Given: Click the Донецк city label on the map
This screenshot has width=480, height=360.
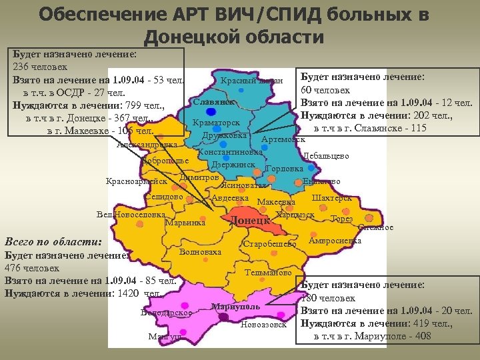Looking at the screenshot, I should [x=250, y=221].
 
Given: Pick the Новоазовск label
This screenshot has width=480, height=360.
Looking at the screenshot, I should [x=263, y=325].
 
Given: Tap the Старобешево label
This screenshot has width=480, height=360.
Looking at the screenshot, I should [x=269, y=244].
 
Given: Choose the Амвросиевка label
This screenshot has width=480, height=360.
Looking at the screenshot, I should [x=335, y=240].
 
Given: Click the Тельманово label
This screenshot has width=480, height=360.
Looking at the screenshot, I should [x=269, y=273].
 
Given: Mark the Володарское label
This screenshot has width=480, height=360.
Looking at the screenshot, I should [x=167, y=312].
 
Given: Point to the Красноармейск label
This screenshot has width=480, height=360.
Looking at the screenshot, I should [x=137, y=181].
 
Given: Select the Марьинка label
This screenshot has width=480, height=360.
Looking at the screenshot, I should [x=185, y=223].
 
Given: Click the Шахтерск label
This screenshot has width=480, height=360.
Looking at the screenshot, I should [x=332, y=197].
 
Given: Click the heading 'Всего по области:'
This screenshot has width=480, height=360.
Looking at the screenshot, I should [x=53, y=241].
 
